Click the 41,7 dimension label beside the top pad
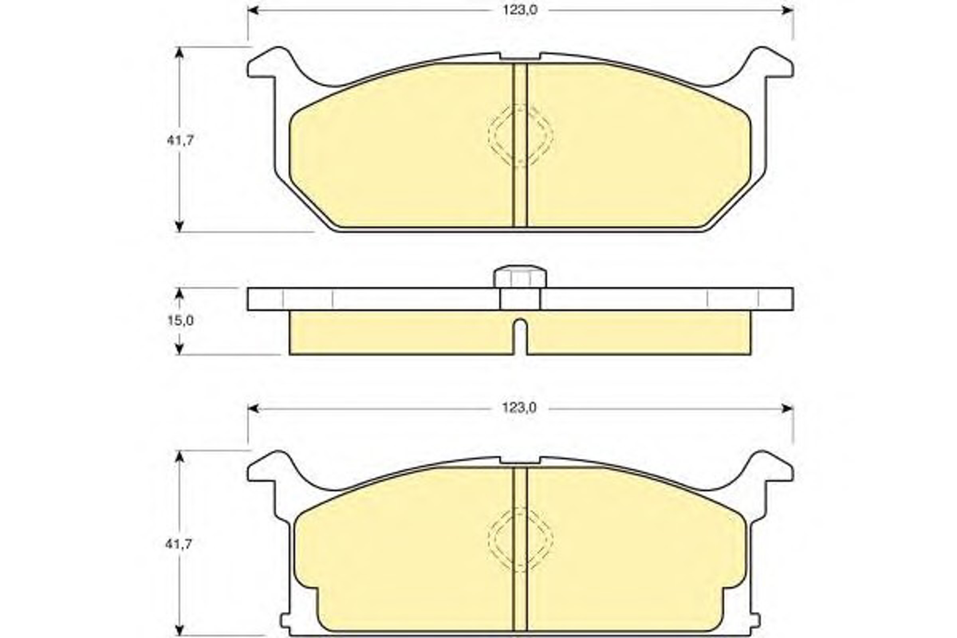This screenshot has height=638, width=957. tap(181, 140)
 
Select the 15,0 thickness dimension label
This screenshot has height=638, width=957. tap(181, 321)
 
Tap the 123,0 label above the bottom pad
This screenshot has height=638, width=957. tap(519, 408)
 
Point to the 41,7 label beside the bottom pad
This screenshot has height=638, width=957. tap(178, 544)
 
